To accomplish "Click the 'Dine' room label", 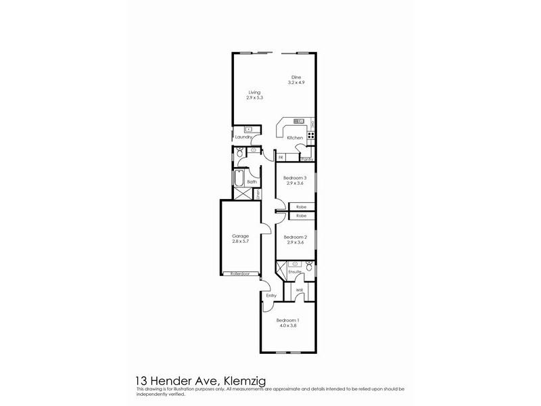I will pos(295,76).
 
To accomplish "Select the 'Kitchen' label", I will pos(295,138).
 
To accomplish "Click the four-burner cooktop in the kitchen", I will pos(312,135).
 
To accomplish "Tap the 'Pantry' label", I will pos(306,159).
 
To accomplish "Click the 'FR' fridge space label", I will pos(281,158).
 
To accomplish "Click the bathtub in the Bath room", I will pos(239,181).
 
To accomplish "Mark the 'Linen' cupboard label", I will pos(258,194).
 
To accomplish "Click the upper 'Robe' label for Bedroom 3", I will pos(301,207).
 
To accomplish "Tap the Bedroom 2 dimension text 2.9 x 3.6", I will pos(295,242).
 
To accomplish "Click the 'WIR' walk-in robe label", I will pos(299,290).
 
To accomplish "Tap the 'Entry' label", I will pos(271,296).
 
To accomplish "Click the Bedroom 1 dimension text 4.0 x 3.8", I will pos(287,325).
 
